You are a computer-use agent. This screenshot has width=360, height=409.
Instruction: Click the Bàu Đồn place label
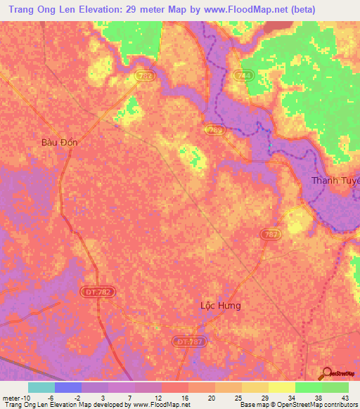[60, 142]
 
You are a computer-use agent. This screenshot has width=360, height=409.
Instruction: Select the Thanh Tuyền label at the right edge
[335, 181]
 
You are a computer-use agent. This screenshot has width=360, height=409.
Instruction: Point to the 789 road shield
[215, 129]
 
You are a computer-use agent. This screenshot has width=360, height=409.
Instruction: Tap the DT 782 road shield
[105, 290]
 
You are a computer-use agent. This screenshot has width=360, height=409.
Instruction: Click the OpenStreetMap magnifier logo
[327, 375]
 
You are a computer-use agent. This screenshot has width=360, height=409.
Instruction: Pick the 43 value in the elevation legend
[344, 397]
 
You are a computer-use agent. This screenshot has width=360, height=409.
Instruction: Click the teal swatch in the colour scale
[41, 387]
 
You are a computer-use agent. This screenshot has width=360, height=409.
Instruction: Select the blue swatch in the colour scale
[67, 387]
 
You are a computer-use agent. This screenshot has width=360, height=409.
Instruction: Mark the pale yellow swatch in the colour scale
[281, 387]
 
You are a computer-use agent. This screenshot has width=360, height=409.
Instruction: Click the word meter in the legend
[10, 397]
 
